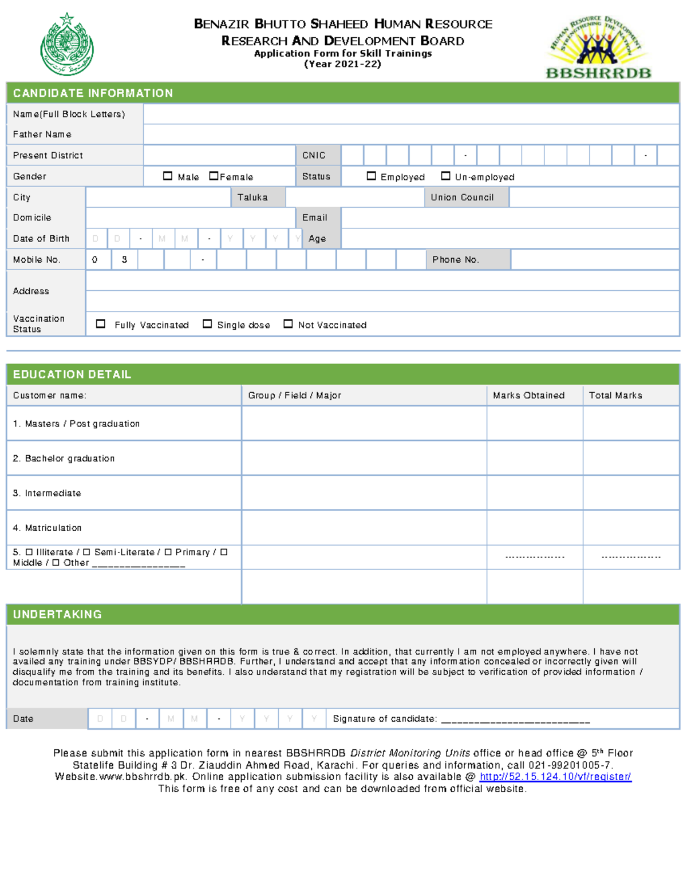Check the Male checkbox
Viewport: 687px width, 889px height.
tap(168, 176)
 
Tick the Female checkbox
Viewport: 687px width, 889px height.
tap(214, 176)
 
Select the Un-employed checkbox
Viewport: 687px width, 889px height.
tap(445, 176)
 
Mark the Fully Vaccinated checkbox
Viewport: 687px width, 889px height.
tap(101, 324)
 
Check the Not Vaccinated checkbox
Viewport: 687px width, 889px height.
tap(288, 324)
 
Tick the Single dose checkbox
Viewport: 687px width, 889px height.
tap(207, 324)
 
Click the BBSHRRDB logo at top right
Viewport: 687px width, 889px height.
tap(598, 48)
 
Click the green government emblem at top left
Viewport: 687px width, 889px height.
tap(67, 45)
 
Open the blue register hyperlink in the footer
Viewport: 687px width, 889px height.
tap(555, 777)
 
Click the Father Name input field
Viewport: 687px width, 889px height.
tap(411, 135)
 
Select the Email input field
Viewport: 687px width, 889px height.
tap(510, 218)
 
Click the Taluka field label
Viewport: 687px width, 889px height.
tap(252, 197)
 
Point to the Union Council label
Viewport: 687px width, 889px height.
tap(462, 197)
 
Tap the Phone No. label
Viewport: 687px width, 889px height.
tap(455, 260)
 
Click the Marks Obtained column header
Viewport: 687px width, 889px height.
tap(528, 396)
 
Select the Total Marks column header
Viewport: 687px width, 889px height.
tap(615, 396)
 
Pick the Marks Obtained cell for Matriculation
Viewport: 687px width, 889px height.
tap(535, 528)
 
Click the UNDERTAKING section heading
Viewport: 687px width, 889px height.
tap(57, 614)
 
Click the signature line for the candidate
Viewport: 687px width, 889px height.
tap(515, 720)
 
